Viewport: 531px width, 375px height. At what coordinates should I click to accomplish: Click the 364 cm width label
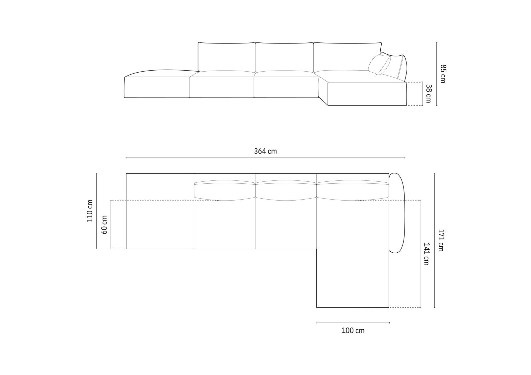click(265, 151)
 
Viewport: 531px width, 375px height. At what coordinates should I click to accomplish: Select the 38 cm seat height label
click(428, 94)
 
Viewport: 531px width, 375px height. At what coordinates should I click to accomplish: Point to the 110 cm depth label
click(90, 211)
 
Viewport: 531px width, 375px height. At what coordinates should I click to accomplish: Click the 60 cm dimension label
click(104, 225)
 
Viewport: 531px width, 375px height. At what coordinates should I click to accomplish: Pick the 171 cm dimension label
click(441, 240)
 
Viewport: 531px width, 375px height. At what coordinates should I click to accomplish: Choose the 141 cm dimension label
click(426, 254)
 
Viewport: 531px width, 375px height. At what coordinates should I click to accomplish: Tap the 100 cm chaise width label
click(353, 331)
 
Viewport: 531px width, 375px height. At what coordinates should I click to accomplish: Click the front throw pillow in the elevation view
click(380, 65)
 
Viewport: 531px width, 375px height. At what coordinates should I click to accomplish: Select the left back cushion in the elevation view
click(227, 57)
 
